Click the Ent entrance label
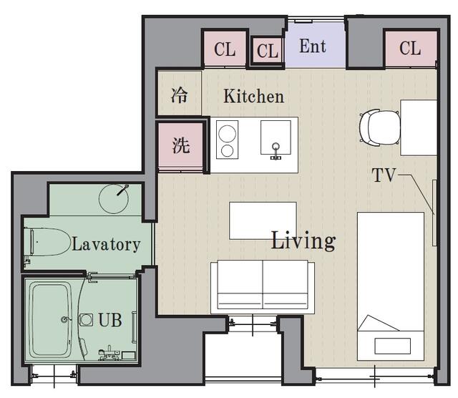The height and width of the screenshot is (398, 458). click(x=313, y=46)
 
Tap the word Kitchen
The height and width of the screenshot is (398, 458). click(x=253, y=96)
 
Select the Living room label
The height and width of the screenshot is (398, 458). click(x=303, y=241)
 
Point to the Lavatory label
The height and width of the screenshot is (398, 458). click(x=106, y=244)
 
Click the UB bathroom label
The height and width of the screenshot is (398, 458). click(x=110, y=320)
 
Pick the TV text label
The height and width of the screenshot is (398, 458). click(x=384, y=175)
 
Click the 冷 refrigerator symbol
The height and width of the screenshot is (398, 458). click(x=179, y=95)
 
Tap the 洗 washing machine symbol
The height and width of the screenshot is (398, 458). click(x=181, y=145)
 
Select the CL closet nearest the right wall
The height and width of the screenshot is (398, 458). click(x=410, y=48)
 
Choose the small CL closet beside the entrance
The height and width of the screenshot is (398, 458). click(x=267, y=51)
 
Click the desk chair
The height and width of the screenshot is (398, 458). click(x=379, y=127)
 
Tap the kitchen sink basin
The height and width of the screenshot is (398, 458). click(x=276, y=137)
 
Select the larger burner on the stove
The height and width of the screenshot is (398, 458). click(x=228, y=134)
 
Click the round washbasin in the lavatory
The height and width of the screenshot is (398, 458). click(x=114, y=199)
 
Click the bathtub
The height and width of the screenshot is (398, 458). click(x=51, y=320)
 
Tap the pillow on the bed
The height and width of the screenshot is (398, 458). click(x=392, y=346)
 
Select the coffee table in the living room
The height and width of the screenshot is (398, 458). click(x=263, y=220)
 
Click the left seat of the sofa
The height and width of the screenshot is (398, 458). click(x=240, y=284)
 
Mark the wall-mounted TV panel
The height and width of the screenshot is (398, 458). click(x=434, y=213)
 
